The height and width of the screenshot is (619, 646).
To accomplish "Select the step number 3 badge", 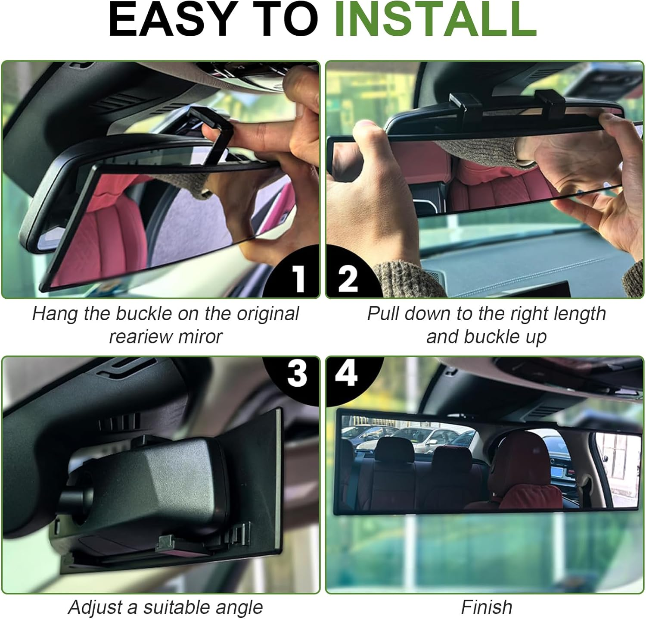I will [297, 373].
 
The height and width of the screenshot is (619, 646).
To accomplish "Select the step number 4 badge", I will [347, 372].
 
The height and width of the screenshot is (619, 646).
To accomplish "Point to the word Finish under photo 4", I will [486, 607].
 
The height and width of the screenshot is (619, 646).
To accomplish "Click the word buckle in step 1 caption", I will [144, 314].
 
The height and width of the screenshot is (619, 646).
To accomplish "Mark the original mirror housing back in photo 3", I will [164, 483].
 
